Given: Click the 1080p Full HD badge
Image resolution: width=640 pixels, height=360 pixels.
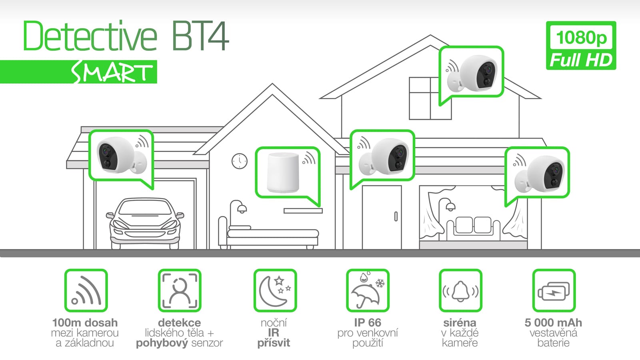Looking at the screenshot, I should tap(581, 46).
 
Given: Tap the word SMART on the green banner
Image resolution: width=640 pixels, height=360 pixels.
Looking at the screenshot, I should tap(112, 73).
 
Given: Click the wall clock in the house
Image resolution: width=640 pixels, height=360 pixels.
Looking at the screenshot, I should tap(239, 161).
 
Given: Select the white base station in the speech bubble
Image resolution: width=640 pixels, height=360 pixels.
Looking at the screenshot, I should tap(283, 173).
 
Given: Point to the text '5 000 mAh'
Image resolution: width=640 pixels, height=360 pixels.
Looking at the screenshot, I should tap(553, 322).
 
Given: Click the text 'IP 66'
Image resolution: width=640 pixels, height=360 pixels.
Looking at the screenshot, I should tap(367, 322).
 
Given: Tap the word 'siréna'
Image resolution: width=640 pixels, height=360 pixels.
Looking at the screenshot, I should tap(460, 322).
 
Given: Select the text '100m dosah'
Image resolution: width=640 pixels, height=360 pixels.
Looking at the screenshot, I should tap(85, 322).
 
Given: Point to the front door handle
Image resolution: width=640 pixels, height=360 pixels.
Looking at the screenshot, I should tap(396, 216).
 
